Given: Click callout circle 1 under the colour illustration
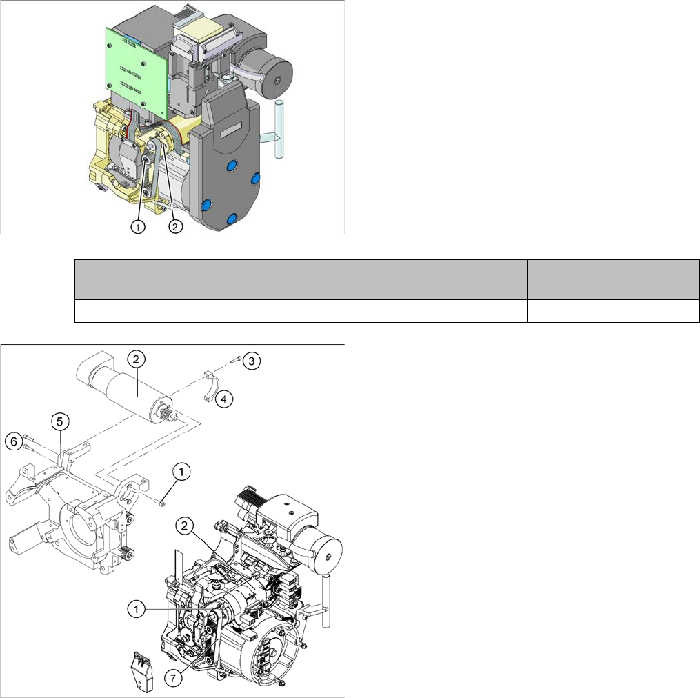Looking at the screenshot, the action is pos(138,227).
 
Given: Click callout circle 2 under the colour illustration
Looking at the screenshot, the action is pos(175,226).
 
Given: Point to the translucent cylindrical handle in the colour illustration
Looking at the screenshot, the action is pos(279,129).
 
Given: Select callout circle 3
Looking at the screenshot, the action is pos(251,361).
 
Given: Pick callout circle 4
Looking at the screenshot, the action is pos(223,399).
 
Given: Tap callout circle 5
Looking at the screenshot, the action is pos(60,421).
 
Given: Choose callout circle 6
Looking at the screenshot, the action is pos(13,441).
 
